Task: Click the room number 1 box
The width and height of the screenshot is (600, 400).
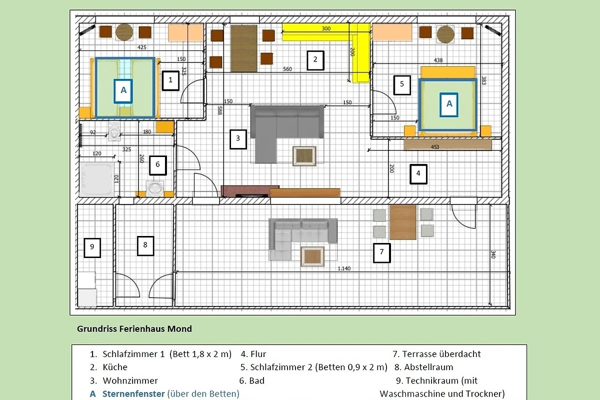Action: point(170,80)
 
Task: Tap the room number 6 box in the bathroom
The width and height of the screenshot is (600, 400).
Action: point(158,165)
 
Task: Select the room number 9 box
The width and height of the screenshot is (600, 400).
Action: point(92,248)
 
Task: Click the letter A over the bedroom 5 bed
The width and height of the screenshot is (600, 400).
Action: point(449,105)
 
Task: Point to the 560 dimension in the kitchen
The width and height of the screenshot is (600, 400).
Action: point(287,69)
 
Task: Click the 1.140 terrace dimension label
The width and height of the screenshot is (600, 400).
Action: point(344,268)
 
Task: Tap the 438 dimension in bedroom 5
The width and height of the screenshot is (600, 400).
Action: point(438,60)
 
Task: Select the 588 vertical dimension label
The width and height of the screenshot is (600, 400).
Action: point(220,110)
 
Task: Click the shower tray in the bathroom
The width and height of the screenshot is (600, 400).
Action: point(96,179)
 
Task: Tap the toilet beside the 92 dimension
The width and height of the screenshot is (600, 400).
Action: point(114,131)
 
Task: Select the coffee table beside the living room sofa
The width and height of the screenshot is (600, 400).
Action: point(304,156)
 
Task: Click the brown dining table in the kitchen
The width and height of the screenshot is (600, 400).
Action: point(244,48)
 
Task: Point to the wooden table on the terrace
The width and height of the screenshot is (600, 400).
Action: point(403,222)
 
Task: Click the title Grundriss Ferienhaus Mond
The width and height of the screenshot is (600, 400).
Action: point(134,328)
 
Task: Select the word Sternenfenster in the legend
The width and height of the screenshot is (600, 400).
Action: point(133,393)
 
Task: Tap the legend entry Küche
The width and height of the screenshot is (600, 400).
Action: point(115,367)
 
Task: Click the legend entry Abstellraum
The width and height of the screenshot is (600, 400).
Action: point(428,367)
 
